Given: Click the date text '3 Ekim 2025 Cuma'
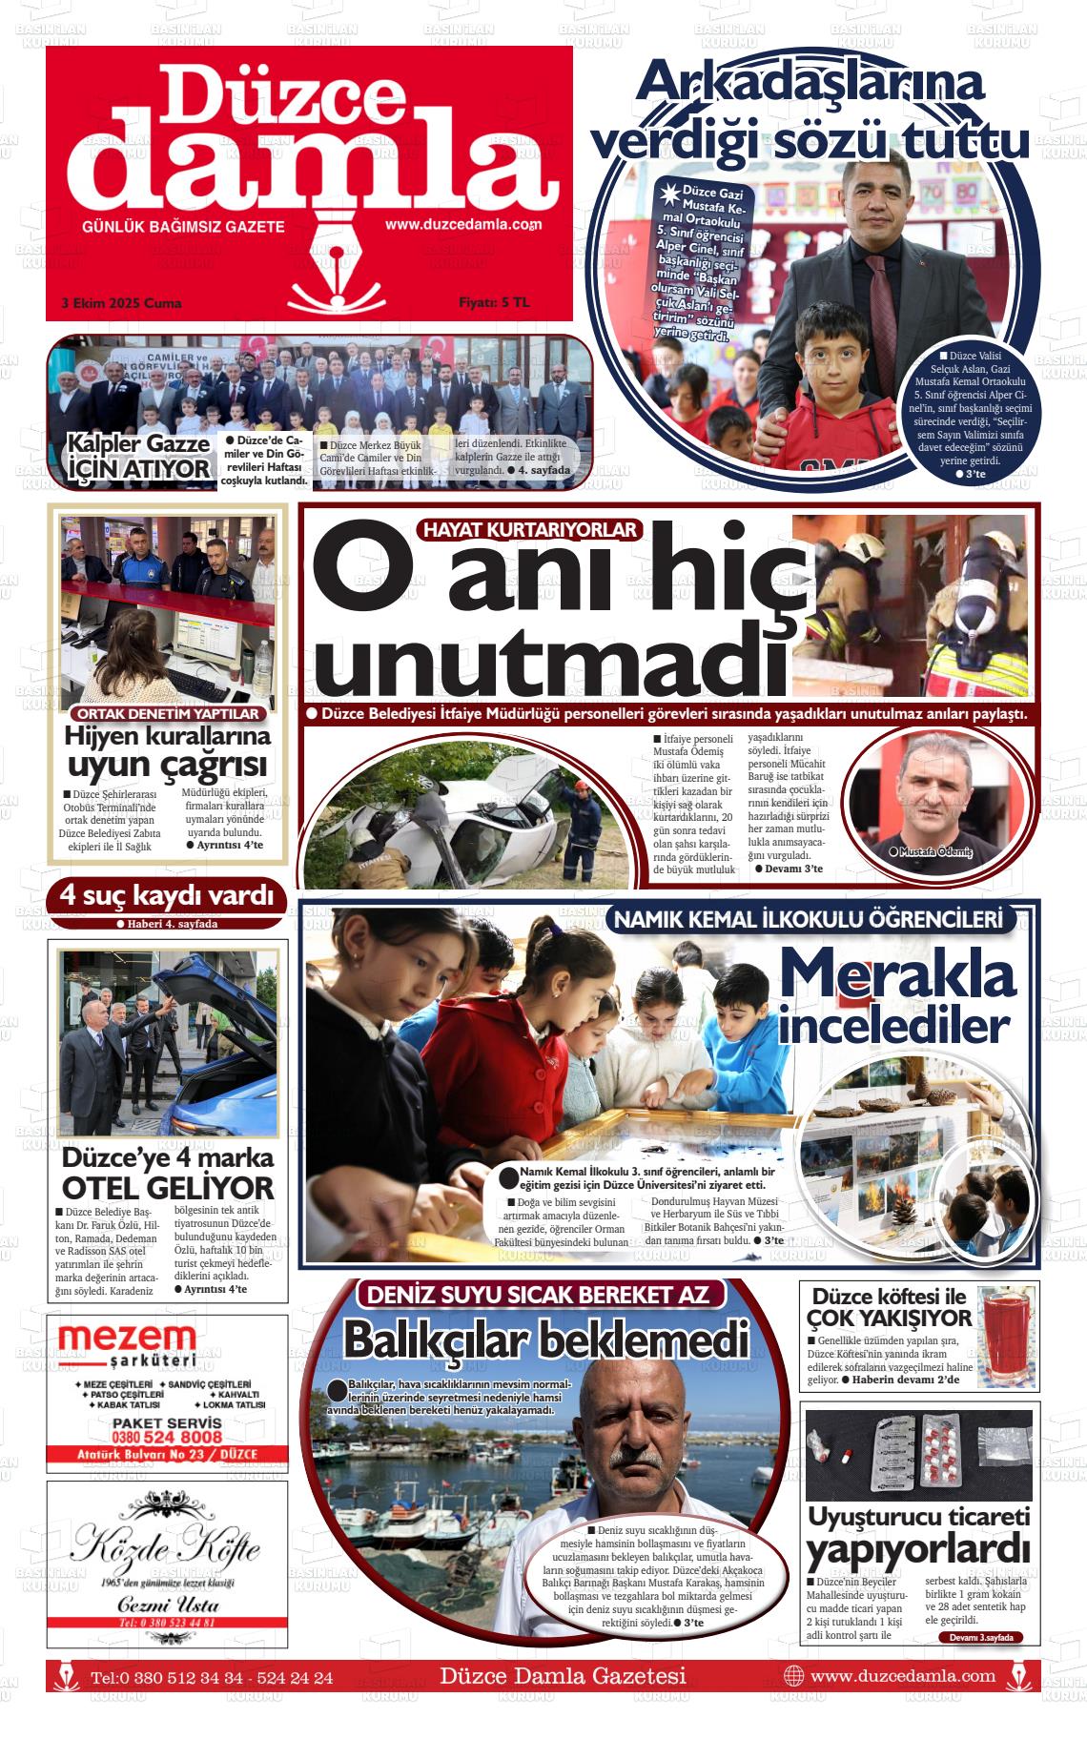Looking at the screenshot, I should click(121, 303).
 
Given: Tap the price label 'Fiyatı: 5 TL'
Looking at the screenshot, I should click(493, 303).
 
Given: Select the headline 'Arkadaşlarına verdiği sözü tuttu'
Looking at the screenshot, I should click(810, 111).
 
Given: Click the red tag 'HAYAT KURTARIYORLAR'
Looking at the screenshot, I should click(531, 530).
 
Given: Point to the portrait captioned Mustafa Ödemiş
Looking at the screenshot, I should click(934, 792).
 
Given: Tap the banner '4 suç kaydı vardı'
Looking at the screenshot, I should click(166, 896).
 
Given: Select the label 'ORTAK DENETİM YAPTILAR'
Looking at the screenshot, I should click(168, 713).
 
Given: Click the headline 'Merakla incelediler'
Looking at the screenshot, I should click(896, 996).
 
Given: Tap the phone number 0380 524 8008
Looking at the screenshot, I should click(167, 1437).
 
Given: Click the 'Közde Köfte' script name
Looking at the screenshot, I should click(166, 1544).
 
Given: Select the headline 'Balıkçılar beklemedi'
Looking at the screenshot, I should click(545, 1339).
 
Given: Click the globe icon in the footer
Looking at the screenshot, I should click(793, 1675).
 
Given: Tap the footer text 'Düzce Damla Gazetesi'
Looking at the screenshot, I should click(563, 1675).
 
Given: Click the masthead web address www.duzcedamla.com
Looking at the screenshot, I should click(463, 225).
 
